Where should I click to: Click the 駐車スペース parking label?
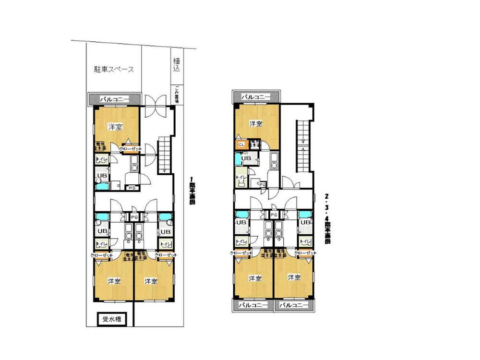coord(114,69)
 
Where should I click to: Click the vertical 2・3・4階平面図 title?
coord(327,218)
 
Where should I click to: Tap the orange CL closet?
coord(241,144)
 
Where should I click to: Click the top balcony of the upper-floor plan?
coord(256,97)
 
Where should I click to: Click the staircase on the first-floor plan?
coord(165,154)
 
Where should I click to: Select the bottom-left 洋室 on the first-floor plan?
coord(114,281)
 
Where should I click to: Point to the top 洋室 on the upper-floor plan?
coord(256,124)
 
